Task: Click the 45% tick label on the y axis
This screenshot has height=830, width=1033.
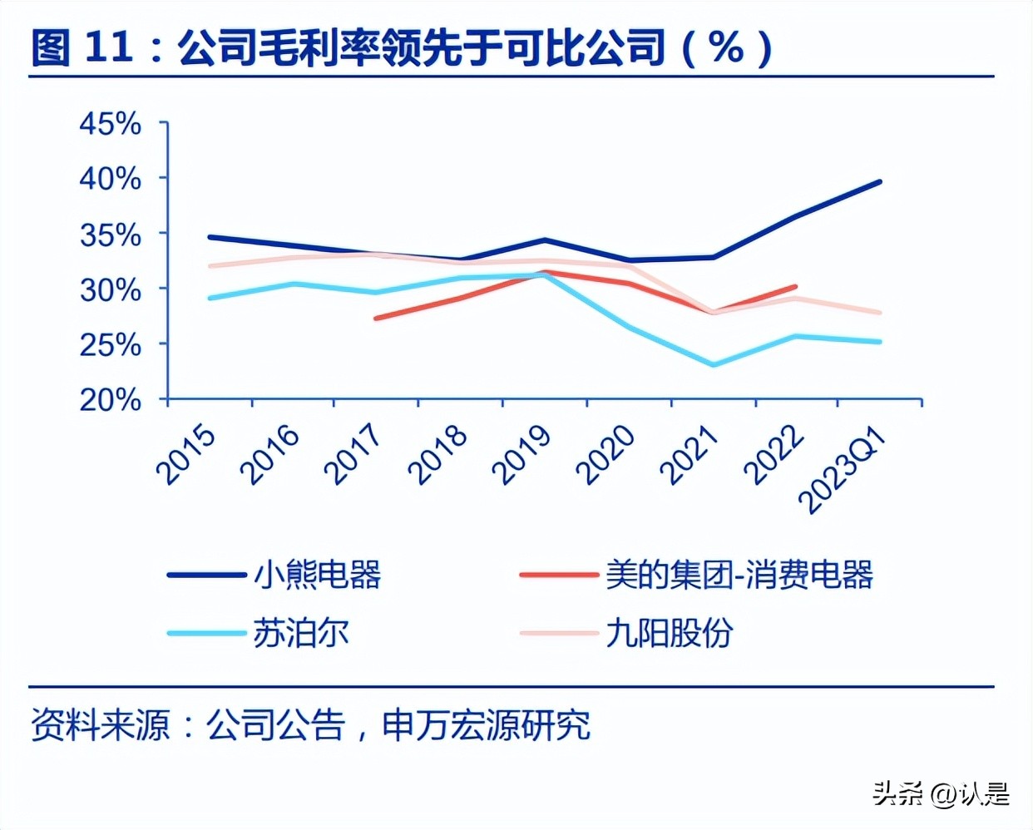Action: (110, 124)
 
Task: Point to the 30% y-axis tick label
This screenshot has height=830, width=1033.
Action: (110, 289)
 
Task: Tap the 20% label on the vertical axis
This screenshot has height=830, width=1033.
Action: (110, 400)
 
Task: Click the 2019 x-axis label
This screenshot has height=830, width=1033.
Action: (521, 455)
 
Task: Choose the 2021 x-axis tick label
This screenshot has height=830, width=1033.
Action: (689, 455)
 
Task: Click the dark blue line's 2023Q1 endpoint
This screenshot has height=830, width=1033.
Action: (880, 181)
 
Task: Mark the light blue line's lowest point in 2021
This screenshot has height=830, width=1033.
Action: (713, 365)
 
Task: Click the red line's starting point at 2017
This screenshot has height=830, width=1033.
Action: (376, 319)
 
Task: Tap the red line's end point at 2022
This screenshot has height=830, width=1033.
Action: (796, 286)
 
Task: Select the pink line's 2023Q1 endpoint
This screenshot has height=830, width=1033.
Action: (880, 313)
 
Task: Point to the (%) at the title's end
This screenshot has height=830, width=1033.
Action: (727, 48)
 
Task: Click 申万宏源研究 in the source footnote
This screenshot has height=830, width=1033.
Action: (486, 724)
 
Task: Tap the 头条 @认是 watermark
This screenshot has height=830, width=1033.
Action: (940, 793)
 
